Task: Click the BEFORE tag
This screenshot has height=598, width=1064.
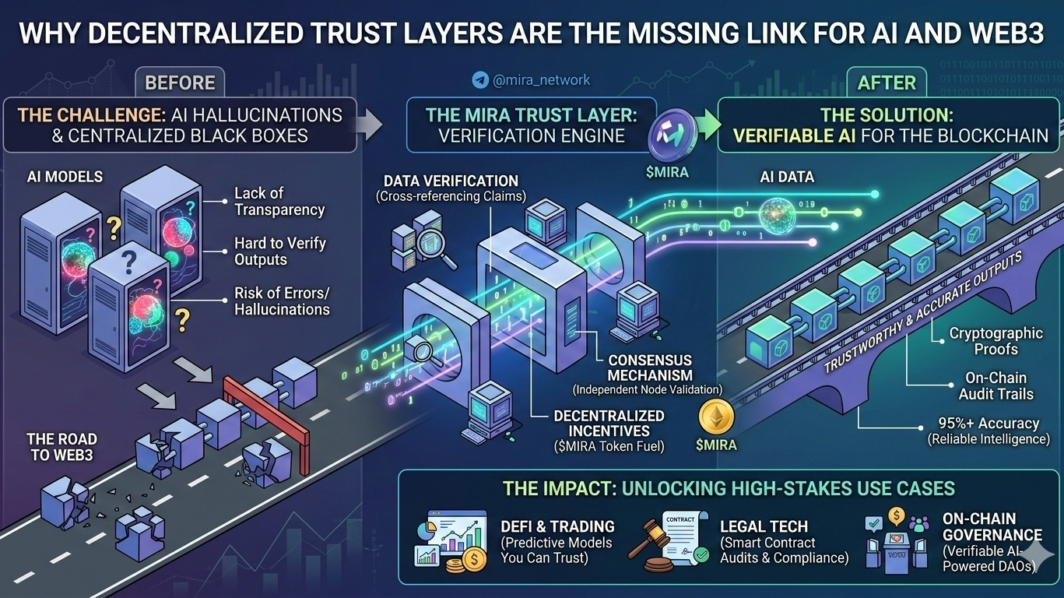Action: [180, 82]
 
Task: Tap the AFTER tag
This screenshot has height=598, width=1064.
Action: [887, 82]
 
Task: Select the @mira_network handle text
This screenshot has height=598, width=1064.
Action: [542, 79]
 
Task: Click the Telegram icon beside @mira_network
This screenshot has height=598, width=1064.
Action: [480, 79]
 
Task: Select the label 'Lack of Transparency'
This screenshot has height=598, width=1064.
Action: [279, 201]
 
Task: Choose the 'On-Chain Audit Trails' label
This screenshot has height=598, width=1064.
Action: [996, 386]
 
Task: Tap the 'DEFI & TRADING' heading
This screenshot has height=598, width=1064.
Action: [557, 526]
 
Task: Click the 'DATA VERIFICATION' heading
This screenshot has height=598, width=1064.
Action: [451, 181]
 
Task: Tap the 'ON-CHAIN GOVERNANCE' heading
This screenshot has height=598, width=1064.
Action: [992, 526]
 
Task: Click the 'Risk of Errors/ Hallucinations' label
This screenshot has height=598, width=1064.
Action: [282, 301]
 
